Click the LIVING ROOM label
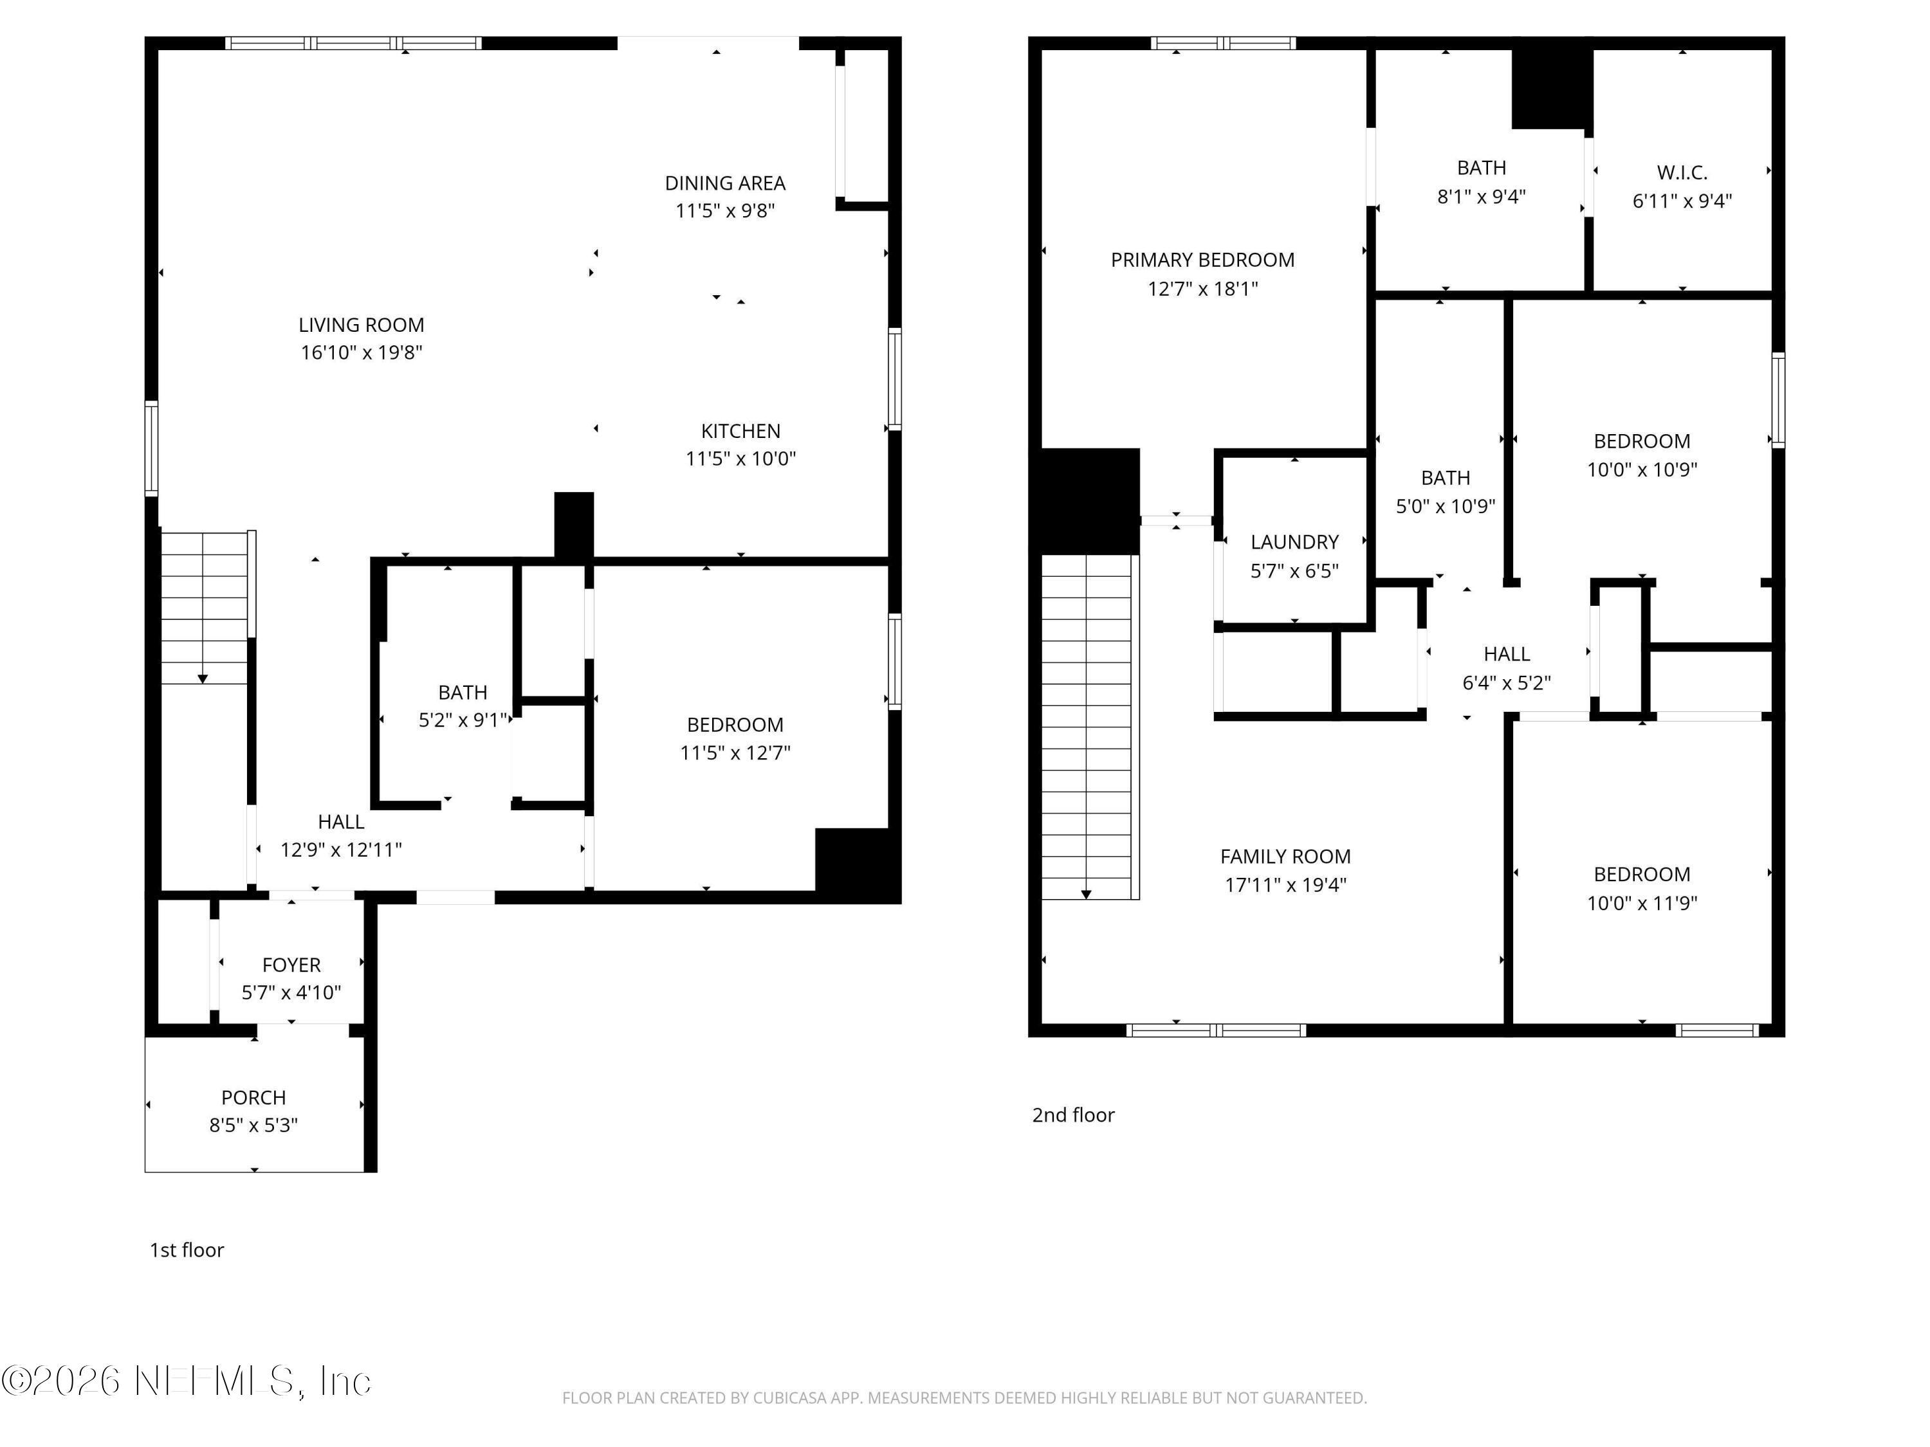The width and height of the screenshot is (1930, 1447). click(361, 325)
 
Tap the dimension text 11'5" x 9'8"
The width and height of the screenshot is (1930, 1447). click(724, 211)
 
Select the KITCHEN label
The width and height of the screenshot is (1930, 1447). click(740, 431)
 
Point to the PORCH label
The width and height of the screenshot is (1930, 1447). click(253, 1097)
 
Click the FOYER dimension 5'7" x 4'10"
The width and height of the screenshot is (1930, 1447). click(291, 992)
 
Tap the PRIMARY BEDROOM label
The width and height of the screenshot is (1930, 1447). click(1202, 260)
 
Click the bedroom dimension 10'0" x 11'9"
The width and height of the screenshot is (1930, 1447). click(1641, 903)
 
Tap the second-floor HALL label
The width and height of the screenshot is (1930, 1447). click(1506, 654)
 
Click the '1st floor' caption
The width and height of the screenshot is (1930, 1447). click(187, 1250)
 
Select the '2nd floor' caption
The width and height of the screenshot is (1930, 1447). click(1072, 1115)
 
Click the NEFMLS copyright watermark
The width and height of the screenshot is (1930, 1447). click(186, 1381)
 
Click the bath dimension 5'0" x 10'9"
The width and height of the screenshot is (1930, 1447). click(1445, 507)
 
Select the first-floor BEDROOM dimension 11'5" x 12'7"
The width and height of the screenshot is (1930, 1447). click(735, 752)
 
